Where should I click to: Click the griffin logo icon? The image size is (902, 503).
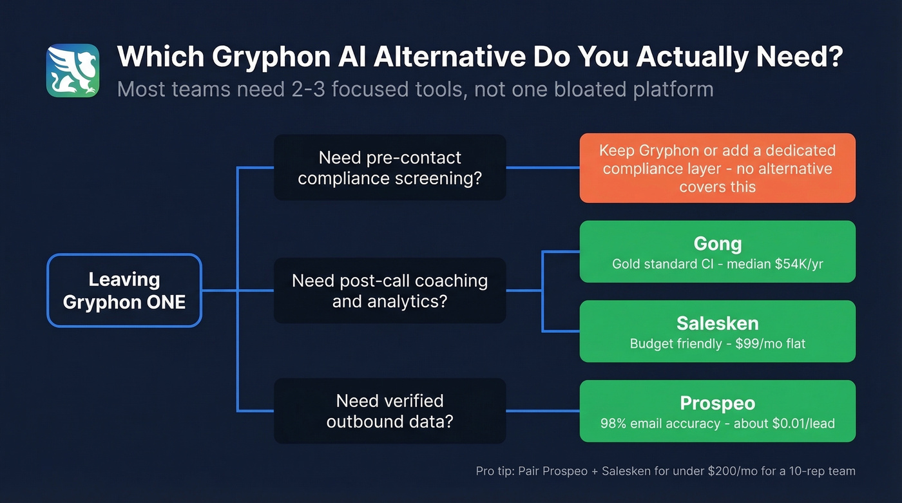(x=73, y=70)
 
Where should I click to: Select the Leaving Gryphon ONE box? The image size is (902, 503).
(x=124, y=290)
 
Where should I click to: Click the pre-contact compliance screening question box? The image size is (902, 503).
(x=389, y=167)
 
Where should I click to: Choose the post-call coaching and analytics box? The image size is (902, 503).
(x=389, y=290)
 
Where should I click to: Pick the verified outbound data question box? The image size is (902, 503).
(x=389, y=411)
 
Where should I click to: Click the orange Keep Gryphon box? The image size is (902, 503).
(x=717, y=168)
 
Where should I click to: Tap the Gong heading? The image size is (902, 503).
(x=717, y=243)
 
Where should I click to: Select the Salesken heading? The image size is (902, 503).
(x=717, y=323)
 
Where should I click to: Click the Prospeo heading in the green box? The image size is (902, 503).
(x=717, y=403)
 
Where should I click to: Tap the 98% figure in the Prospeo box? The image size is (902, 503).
(x=614, y=423)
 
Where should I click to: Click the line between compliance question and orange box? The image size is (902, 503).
(x=542, y=167)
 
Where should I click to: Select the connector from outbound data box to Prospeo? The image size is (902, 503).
(x=542, y=411)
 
